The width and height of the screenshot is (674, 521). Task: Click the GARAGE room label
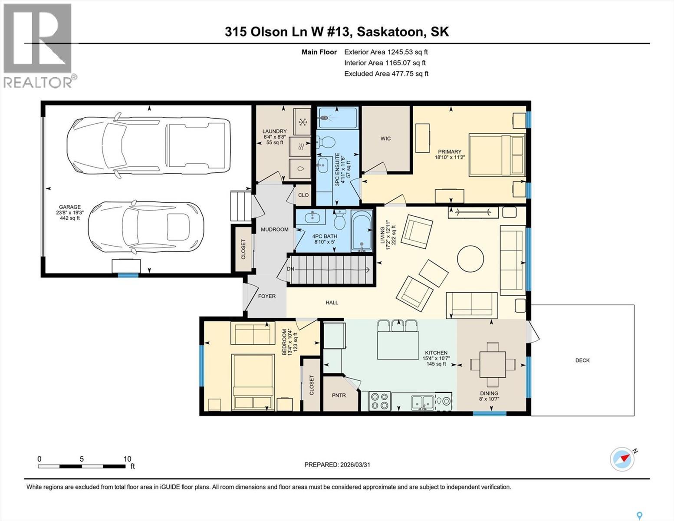pos(70,207)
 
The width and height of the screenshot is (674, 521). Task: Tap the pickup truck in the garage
pos(148,143)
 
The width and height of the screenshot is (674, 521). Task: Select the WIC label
pos(385,138)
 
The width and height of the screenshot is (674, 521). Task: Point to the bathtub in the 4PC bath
pos(362,231)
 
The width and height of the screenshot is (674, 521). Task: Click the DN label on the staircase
pos(290,269)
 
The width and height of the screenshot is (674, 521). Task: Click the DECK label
pos(582,360)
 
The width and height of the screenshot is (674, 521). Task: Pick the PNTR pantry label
pos(339,396)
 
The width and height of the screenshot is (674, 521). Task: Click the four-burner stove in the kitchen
pos(379,401)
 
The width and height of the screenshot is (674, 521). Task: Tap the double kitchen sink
pos(421,402)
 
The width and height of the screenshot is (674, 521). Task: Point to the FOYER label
pos(266,296)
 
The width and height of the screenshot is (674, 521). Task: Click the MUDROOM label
pos(274,229)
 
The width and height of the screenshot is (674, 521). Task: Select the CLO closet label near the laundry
pos(303,195)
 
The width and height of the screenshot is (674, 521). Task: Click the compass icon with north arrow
pos(622,458)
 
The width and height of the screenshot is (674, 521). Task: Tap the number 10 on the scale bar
pos(127,459)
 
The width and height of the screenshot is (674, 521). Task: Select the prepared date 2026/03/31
pos(355,465)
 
